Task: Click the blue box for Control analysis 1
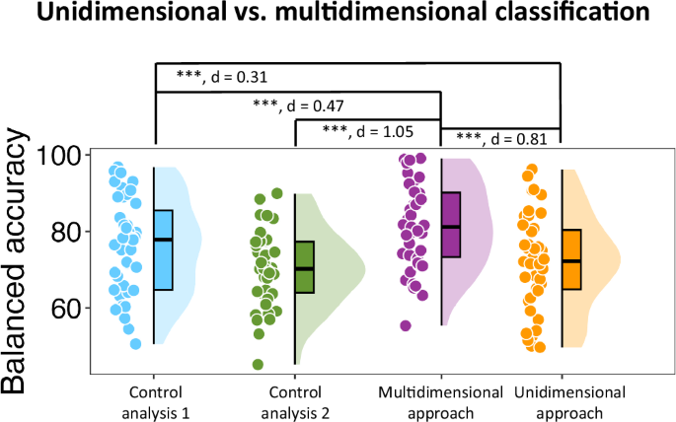[x=163, y=250]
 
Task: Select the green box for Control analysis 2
[x=303, y=267]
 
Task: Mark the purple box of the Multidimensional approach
[x=451, y=225]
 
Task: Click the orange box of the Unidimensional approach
[x=570, y=259]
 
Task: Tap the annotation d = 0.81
[x=500, y=138]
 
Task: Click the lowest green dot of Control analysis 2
[x=258, y=364]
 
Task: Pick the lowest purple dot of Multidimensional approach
[x=405, y=325]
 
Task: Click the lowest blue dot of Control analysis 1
[x=136, y=343]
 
